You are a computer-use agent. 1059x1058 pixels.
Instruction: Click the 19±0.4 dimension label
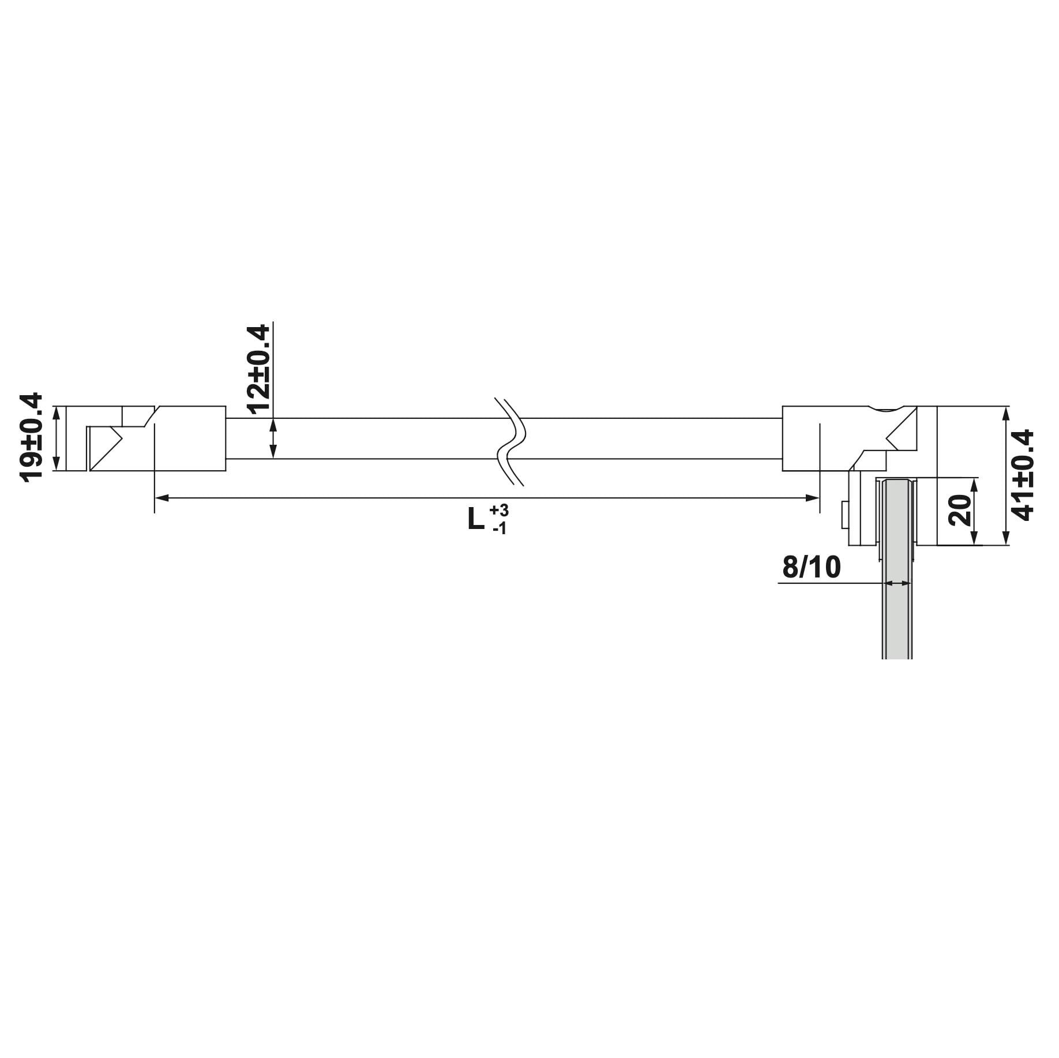[x=32, y=436]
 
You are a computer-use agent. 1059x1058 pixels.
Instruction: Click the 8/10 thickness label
[x=811, y=567]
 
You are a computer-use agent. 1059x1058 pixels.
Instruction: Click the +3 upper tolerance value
[x=499, y=511]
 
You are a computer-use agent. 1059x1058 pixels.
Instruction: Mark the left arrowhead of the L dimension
[x=162, y=497]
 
